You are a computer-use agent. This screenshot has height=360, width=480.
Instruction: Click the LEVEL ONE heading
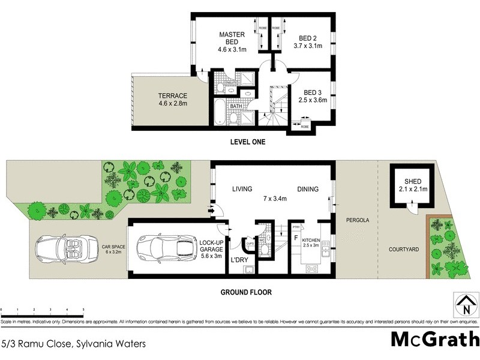[x=247, y=142]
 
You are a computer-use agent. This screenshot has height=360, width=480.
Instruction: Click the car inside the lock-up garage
[x=163, y=247]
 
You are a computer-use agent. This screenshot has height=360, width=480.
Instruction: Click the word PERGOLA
[x=356, y=220]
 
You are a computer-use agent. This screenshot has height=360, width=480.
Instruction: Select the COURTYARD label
[x=403, y=249]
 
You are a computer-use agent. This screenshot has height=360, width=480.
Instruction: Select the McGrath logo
[x=434, y=339]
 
